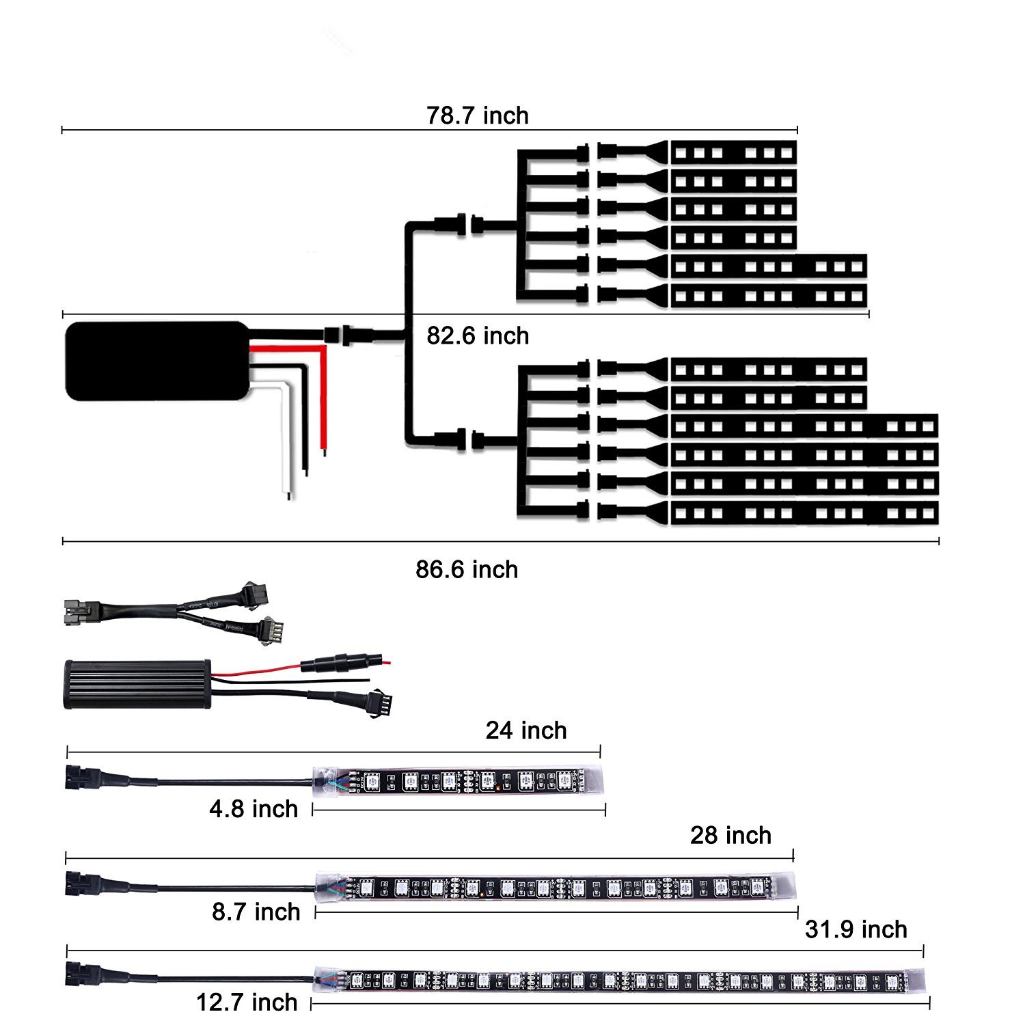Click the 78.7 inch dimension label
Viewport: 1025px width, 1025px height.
pos(478,115)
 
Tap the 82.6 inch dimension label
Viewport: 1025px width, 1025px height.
pos(478,336)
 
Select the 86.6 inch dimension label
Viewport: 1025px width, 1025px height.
pos(467,569)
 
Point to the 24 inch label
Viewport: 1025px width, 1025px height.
pos(526,730)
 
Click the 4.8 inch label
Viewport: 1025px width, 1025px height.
pos(254,809)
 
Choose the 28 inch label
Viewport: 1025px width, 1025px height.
pos(730,835)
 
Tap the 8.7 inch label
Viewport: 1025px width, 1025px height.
pos(256,912)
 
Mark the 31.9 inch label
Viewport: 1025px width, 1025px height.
pos(856,929)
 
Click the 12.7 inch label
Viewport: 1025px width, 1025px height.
pos(247,1002)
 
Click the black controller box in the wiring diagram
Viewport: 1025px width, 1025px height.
pos(156,361)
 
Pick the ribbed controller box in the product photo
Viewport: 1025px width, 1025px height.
pos(137,684)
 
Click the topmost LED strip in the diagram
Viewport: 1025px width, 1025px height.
pos(733,152)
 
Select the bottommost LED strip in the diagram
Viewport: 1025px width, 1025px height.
pos(804,512)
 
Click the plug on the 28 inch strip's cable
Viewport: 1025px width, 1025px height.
pos(76,882)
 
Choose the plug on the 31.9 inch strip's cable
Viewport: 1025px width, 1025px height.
pos(77,973)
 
